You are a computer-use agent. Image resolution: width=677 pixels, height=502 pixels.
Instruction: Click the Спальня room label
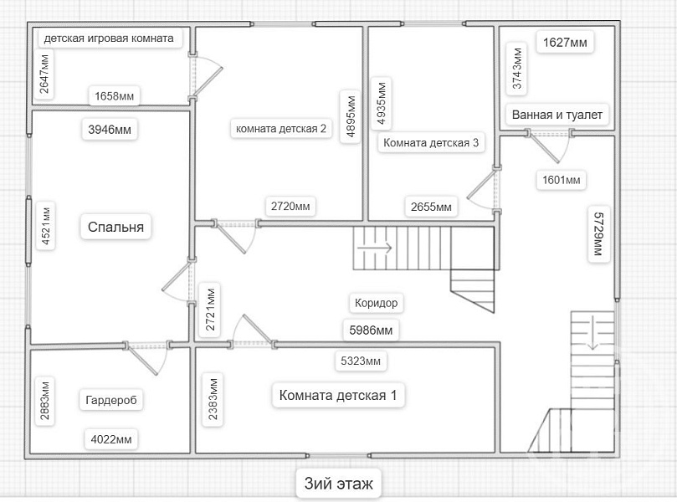click(x=115, y=227)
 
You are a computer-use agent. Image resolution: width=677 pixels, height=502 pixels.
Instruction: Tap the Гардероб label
click(x=111, y=400)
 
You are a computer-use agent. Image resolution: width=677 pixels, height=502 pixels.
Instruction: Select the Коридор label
click(x=376, y=303)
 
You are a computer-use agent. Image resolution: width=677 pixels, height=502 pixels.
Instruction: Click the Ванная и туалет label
click(x=557, y=115)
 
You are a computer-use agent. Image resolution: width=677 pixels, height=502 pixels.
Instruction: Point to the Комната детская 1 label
click(x=337, y=395)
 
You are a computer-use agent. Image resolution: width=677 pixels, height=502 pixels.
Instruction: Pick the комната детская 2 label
click(x=280, y=129)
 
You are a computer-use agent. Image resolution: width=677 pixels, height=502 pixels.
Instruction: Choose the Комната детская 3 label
click(x=431, y=143)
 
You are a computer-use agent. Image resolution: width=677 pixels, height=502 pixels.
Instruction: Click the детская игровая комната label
click(x=109, y=38)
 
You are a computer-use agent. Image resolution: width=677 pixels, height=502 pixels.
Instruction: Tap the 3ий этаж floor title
click(x=338, y=484)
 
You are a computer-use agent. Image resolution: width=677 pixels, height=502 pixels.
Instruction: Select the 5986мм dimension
click(x=371, y=330)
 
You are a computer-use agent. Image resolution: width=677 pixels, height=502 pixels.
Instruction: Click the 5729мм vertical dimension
click(x=599, y=233)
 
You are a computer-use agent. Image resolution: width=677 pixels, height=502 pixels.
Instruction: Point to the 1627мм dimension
click(x=565, y=43)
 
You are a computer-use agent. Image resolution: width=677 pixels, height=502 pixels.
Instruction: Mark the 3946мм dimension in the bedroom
click(x=110, y=130)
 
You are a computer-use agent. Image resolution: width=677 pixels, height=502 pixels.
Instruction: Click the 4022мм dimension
click(x=111, y=440)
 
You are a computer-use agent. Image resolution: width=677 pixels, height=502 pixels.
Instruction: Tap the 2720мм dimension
click(x=290, y=207)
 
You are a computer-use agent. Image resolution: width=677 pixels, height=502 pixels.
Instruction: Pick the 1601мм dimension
click(x=561, y=180)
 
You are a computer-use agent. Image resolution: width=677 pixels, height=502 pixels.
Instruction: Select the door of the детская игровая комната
click(x=203, y=78)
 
